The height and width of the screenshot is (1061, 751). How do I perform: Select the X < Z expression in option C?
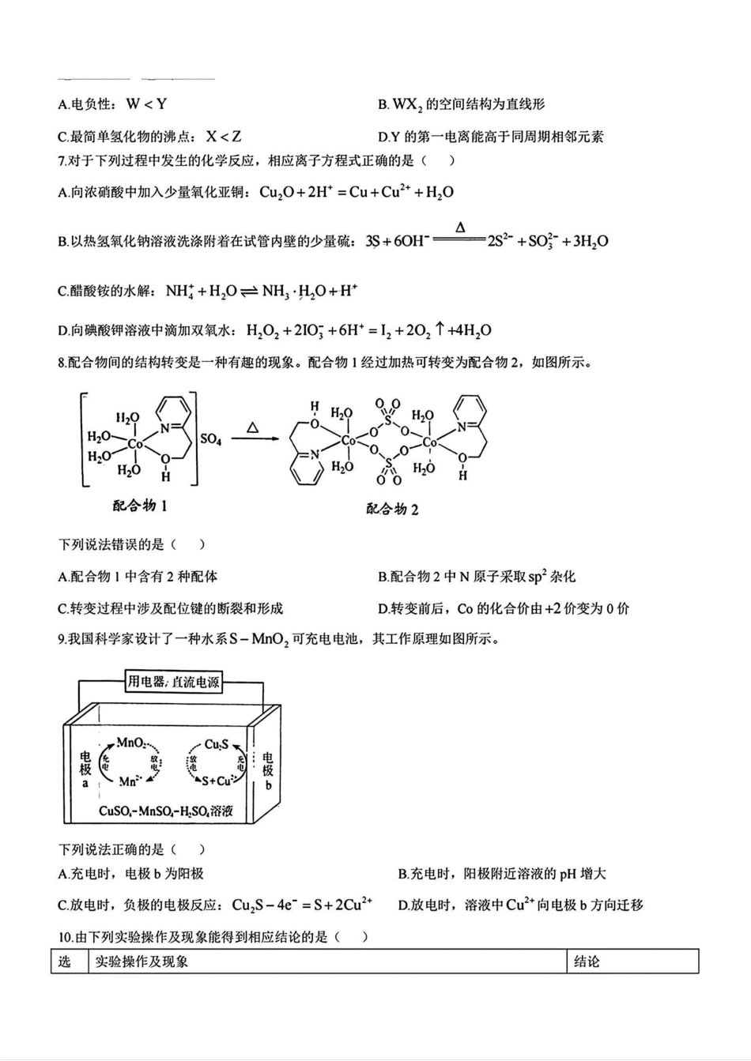(x=224, y=137)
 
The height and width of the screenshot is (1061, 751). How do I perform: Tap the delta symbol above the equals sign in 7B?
(x=460, y=228)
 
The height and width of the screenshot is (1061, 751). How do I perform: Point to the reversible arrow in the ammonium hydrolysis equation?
(x=249, y=292)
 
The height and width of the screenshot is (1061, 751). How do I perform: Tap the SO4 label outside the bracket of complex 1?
(x=211, y=438)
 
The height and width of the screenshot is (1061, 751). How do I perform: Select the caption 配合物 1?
(x=140, y=506)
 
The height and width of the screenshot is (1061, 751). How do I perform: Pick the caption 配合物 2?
(x=392, y=509)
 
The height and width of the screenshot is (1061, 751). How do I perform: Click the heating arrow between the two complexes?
(x=253, y=439)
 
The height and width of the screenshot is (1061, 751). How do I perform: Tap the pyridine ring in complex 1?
(x=173, y=414)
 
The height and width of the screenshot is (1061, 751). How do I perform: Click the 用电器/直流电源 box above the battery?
(x=174, y=681)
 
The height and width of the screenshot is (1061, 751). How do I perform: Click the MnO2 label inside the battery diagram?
(x=131, y=743)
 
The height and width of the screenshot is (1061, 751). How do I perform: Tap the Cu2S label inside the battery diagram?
(x=217, y=744)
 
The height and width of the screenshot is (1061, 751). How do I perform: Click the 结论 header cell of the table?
(x=587, y=961)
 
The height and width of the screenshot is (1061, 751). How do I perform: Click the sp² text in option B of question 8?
(x=538, y=576)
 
